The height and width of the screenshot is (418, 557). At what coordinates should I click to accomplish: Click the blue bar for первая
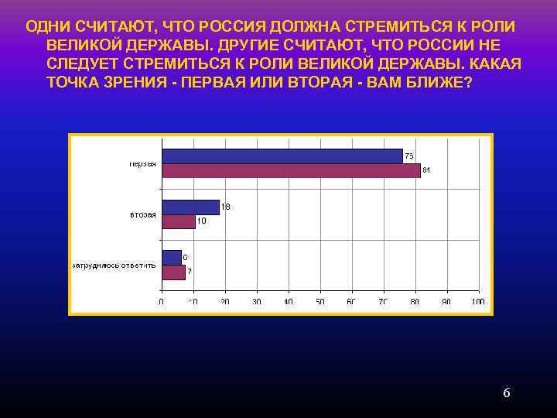pos(282,156)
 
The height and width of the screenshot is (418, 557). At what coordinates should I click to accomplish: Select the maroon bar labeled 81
pos(291,170)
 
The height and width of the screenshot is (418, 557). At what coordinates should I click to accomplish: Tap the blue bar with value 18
pos(190,207)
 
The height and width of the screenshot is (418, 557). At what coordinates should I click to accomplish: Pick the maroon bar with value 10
pos(178,221)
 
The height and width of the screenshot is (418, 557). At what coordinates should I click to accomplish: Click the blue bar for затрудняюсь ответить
pos(171,257)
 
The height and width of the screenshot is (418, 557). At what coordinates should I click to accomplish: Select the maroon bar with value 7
pos(173,272)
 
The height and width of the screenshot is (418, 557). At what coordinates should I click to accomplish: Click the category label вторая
pos(143,214)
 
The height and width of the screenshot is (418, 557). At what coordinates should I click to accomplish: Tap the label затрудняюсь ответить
pos(114,265)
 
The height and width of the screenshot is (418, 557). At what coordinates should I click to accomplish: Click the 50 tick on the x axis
pos(320,302)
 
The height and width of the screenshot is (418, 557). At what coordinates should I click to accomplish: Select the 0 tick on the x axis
pos(162,302)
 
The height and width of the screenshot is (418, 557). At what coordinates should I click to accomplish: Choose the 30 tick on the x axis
pos(256,302)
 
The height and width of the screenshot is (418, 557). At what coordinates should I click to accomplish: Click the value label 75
pos(409,156)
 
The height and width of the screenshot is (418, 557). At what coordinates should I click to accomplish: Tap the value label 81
pos(426,170)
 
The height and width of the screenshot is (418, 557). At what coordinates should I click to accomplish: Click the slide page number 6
pos(507,392)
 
